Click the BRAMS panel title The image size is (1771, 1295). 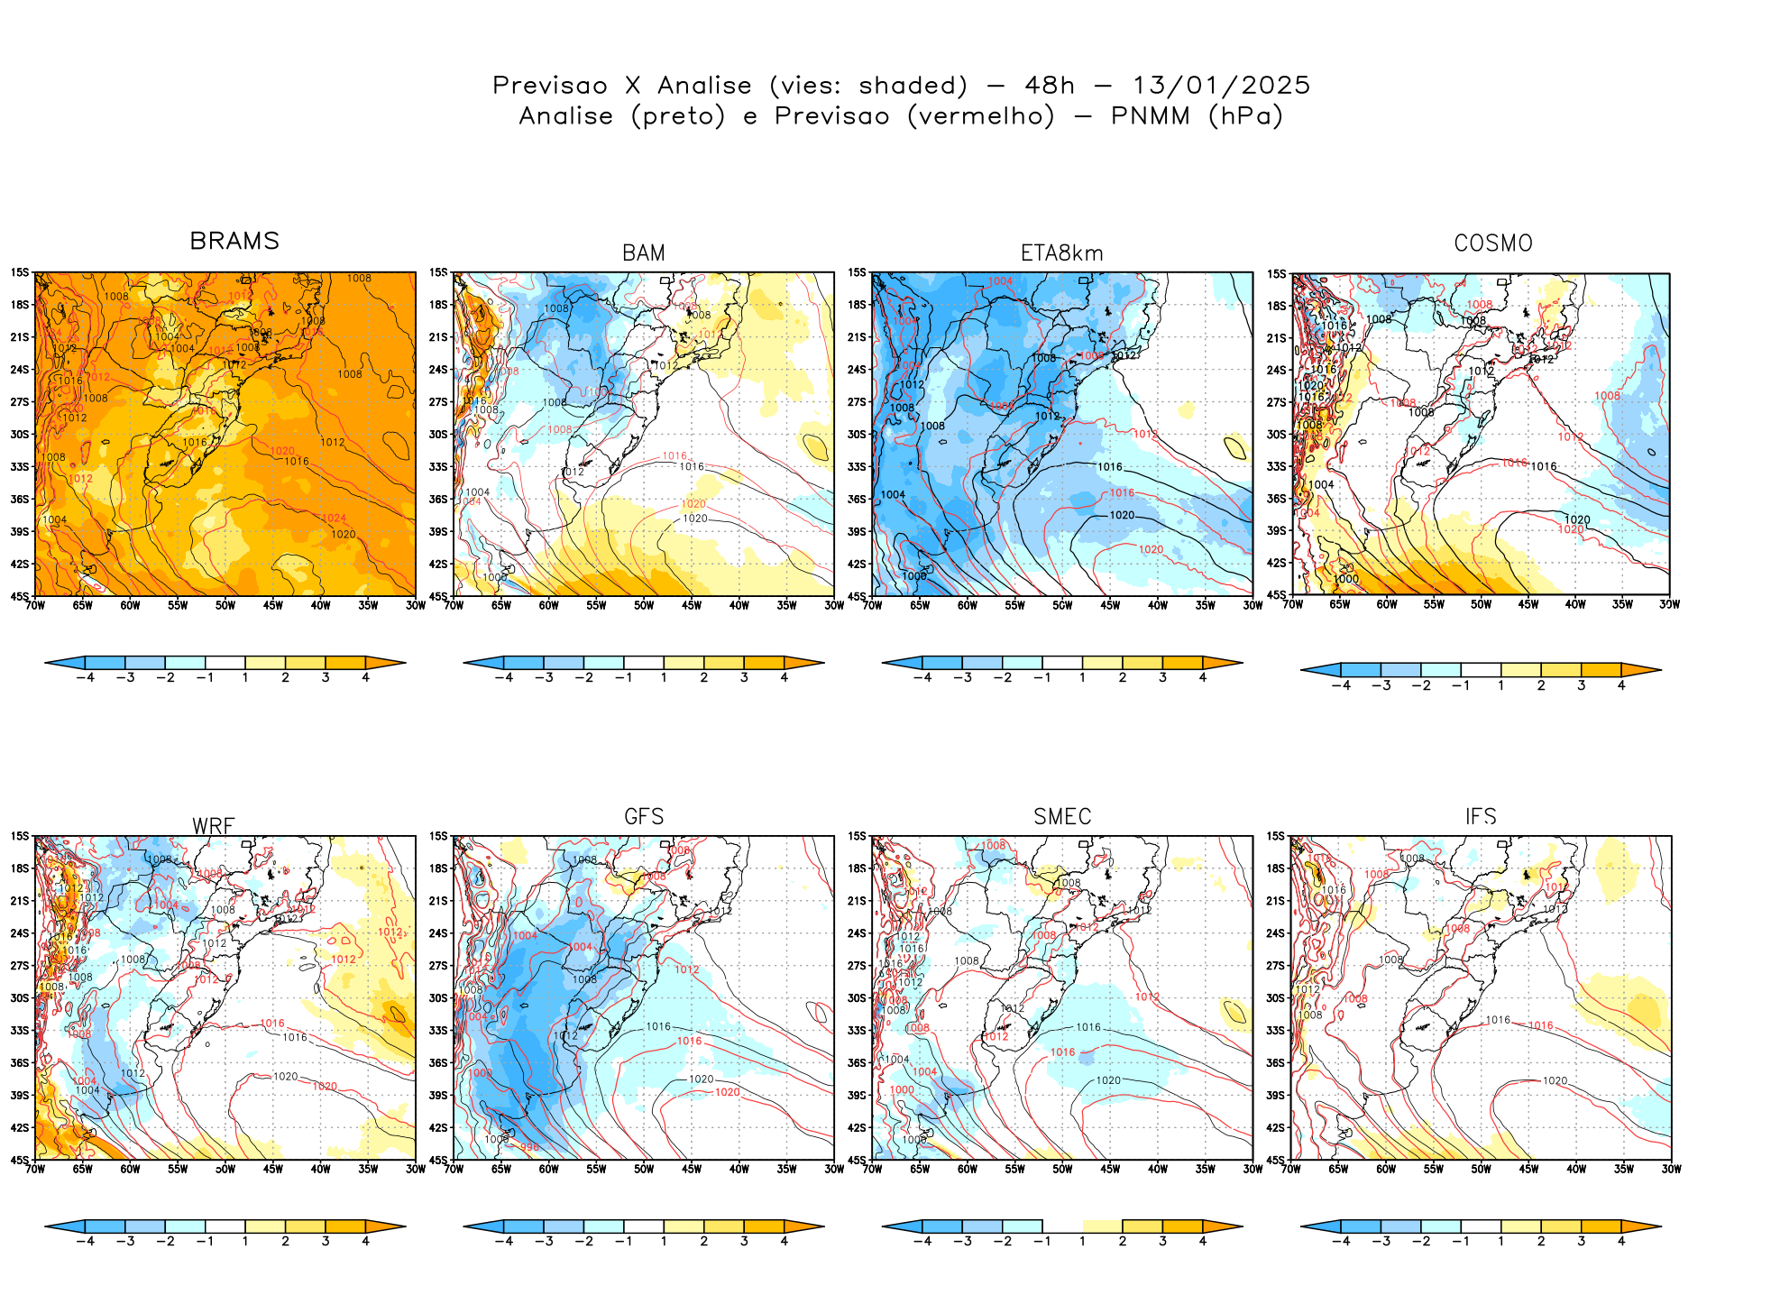234,241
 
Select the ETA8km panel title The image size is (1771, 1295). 1062,253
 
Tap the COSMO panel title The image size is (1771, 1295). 1493,243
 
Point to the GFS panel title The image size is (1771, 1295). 644,816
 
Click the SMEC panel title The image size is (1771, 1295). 1062,816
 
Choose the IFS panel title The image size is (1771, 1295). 1481,816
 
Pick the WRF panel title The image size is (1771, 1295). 214,825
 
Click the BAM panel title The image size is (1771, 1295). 644,253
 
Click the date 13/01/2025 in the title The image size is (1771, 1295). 1221,86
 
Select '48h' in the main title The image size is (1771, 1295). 1050,86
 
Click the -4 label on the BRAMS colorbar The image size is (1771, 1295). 85,677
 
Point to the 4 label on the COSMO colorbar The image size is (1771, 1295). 1621,685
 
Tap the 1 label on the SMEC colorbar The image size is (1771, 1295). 1082,1241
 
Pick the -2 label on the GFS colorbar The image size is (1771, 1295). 583,1241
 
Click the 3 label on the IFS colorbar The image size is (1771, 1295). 1581,1241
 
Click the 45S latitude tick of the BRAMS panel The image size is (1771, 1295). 20,596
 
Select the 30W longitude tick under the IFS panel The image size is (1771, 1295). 1671,1169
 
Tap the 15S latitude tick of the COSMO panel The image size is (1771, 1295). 1276,274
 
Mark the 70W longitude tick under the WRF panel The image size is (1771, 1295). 35,1169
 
